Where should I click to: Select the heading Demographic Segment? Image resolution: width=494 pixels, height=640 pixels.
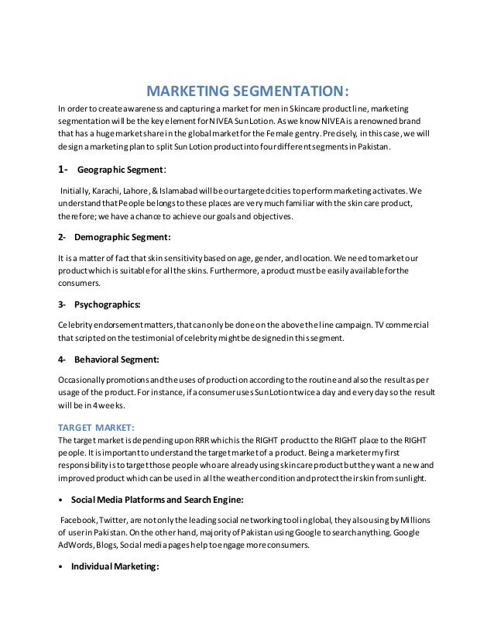point(122,236)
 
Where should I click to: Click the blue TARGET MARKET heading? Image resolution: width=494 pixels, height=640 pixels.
point(97,427)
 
